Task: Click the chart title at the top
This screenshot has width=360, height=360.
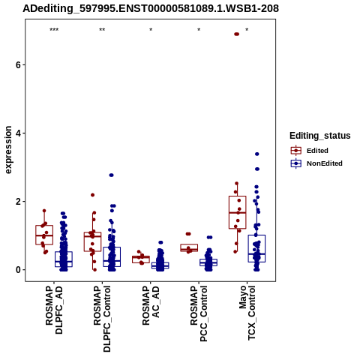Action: (x=151, y=8)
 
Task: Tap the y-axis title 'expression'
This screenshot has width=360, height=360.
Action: (x=8, y=150)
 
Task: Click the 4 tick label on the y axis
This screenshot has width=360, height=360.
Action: (x=18, y=133)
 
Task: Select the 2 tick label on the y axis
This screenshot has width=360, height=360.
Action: (x=18, y=202)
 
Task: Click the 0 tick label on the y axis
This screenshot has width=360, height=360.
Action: (x=18, y=270)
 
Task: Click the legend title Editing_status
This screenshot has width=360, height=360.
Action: (x=320, y=136)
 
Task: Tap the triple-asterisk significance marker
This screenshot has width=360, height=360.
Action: (x=54, y=30)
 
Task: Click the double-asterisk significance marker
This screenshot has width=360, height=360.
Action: (x=102, y=30)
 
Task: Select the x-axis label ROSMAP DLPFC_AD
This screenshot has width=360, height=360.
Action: (x=54, y=310)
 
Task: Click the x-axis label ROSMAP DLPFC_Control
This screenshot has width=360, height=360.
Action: (x=102, y=319)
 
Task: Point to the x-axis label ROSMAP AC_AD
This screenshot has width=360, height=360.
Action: (x=151, y=305)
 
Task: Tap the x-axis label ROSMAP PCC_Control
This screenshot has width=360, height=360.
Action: (x=199, y=313)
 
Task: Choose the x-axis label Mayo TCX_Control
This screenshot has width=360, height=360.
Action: (x=247, y=313)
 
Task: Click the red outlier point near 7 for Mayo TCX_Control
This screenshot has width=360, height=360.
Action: (x=236, y=34)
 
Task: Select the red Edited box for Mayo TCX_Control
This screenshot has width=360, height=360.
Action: (x=238, y=212)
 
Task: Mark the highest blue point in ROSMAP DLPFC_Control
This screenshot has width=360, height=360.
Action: (x=111, y=175)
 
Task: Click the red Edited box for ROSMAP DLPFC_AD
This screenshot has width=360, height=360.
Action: (x=44, y=235)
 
